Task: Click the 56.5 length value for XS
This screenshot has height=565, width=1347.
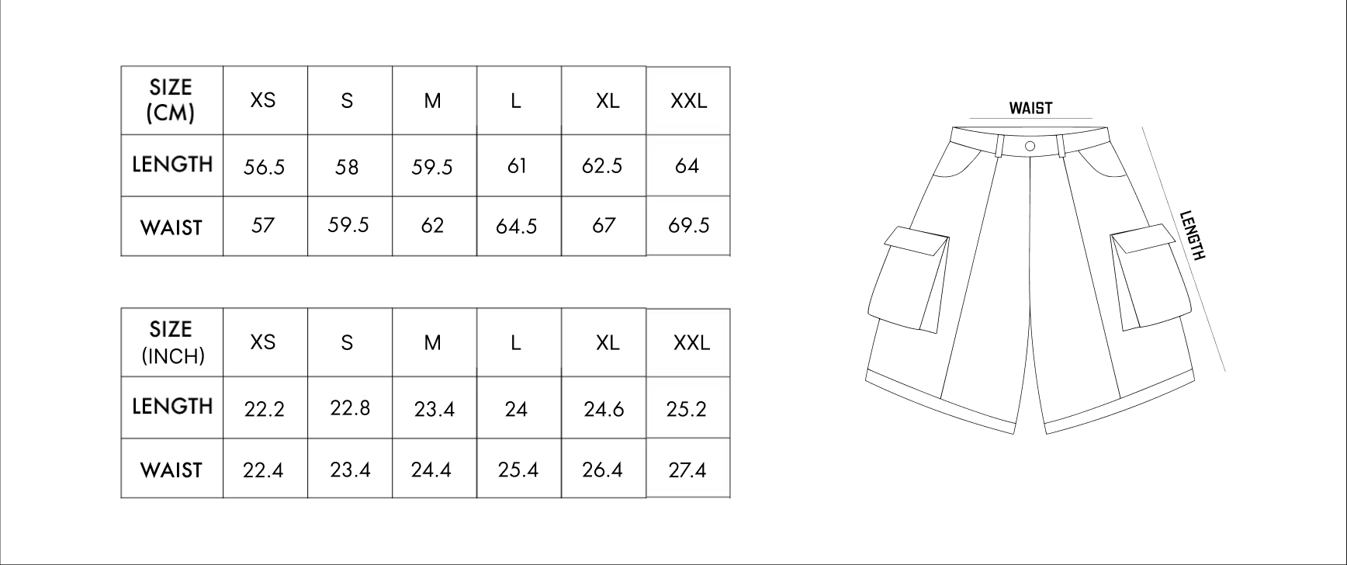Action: click(264, 167)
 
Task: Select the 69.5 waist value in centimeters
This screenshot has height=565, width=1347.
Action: click(688, 226)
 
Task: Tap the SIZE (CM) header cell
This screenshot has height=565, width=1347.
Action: click(171, 100)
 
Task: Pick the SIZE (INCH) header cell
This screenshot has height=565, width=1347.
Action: click(171, 342)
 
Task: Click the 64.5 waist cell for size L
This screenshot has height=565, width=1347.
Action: click(517, 227)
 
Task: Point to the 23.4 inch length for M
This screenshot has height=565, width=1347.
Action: click(434, 409)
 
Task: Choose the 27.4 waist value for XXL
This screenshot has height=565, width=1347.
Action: click(687, 470)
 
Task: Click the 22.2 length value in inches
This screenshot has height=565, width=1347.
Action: click(264, 409)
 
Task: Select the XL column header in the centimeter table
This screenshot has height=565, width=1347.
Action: click(608, 101)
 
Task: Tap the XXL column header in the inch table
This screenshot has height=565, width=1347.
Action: click(691, 342)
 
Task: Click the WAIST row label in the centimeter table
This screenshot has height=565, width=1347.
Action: click(171, 227)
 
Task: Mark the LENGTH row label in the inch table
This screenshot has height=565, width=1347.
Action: click(172, 406)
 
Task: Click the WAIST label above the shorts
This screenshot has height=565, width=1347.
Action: click(1030, 109)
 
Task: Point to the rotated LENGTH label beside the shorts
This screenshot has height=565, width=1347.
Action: click(1193, 236)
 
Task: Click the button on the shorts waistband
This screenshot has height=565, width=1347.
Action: click(1030, 146)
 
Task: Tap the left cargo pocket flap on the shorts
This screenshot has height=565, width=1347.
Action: click(917, 243)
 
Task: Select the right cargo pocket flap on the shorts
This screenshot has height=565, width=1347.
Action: click(1144, 237)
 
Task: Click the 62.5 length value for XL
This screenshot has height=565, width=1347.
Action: click(602, 166)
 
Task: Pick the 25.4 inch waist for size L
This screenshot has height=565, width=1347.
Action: click(518, 470)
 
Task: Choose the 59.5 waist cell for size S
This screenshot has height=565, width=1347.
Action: click(348, 225)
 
